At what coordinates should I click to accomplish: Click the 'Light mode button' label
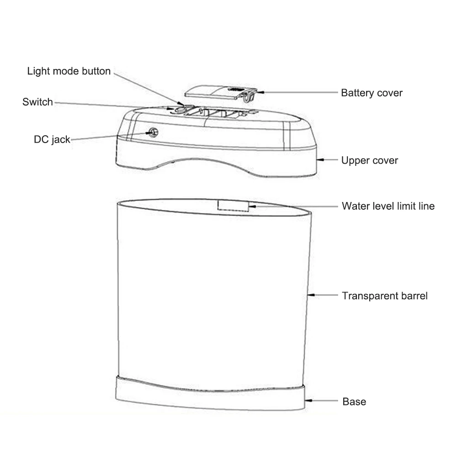point(69,71)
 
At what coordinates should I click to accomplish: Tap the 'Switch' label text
point(37,102)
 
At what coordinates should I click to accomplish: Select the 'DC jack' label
point(52,139)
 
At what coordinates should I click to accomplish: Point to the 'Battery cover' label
point(372,93)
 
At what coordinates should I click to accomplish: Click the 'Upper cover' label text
point(369,160)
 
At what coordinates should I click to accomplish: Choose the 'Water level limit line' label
point(388,206)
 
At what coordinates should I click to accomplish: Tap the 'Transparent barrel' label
point(385,296)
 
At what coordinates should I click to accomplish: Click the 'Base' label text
point(354,402)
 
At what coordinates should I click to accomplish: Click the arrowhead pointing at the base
point(309,401)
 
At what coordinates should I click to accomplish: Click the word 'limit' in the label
point(402,206)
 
